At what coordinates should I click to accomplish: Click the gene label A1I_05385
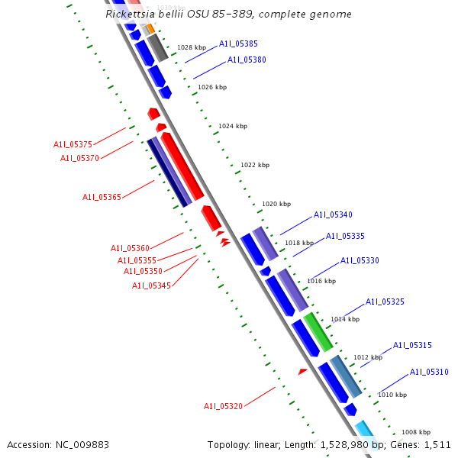238,44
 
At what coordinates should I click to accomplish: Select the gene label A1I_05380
247,60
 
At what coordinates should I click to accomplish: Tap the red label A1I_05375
73,144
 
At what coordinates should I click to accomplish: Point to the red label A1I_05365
102,197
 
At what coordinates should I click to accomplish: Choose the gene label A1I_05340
333,215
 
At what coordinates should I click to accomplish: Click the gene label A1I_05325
385,302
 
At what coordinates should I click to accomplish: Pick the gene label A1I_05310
429,373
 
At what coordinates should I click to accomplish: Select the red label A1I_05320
223,406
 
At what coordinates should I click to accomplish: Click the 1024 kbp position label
233,126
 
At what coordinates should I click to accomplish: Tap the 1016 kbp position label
321,281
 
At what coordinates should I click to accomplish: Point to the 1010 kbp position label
392,395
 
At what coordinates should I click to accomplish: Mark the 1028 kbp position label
192,47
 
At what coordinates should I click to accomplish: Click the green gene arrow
318,331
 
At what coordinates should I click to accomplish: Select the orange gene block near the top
150,28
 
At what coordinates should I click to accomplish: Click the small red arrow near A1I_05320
302,372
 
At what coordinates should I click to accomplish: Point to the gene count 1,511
437,444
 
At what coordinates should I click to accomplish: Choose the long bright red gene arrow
182,166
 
